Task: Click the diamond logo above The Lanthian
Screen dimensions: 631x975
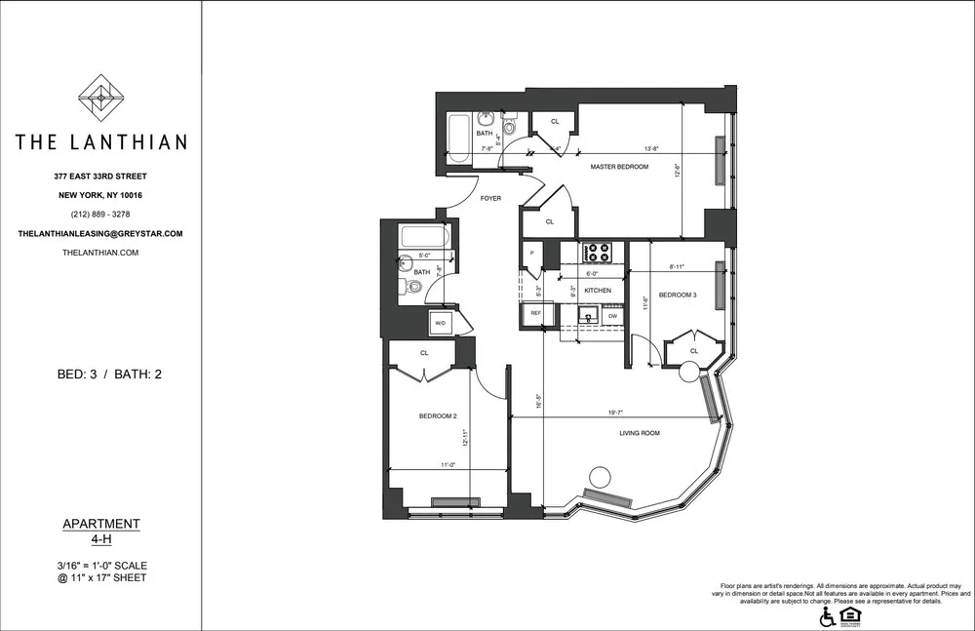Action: pos(100,99)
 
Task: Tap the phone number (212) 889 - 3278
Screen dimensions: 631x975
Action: pos(100,215)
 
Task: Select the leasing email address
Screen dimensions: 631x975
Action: pos(100,234)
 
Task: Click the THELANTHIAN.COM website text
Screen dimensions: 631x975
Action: pos(100,253)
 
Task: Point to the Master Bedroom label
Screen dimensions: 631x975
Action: pos(619,168)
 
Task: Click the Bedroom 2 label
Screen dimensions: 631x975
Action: pos(438,416)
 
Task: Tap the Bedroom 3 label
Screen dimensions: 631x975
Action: pos(678,295)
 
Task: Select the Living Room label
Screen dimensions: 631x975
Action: pos(639,433)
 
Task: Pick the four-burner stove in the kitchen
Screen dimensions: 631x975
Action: pos(596,254)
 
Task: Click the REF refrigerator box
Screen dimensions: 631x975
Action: pos(535,314)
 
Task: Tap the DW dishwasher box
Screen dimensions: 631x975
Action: pos(612,316)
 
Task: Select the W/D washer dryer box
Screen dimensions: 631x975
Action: pos(440,322)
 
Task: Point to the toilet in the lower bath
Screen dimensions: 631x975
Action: pos(413,287)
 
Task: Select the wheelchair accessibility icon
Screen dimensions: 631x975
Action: pos(828,616)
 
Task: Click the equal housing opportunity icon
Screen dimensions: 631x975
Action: pos(850,615)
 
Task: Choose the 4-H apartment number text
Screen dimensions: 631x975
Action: pos(100,539)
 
